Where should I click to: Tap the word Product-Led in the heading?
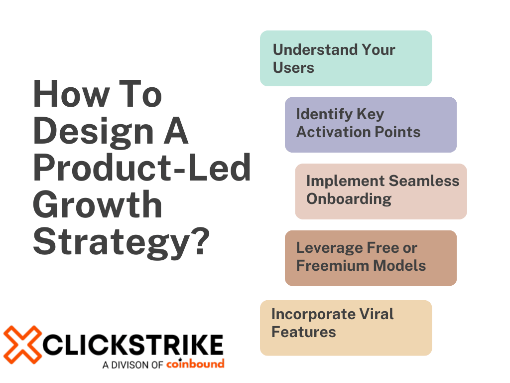coord(142,168)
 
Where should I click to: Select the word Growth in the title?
coord(97,204)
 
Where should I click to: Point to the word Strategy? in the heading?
coord(120,241)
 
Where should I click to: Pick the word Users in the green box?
coord(293,67)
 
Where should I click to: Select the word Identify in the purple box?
coord(318,114)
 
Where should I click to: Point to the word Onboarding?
coord(349,198)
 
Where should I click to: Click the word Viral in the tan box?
coord(376,314)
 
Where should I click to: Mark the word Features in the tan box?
coord(303,332)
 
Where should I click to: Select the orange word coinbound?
coord(195,364)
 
